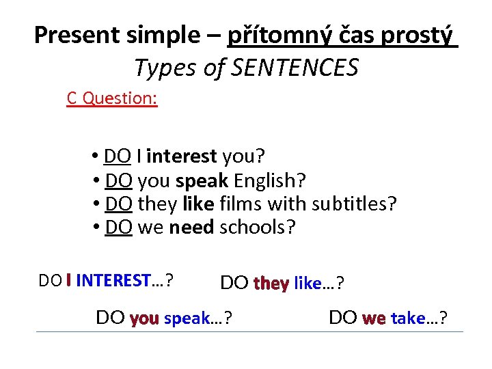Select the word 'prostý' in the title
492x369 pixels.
(x=422, y=35)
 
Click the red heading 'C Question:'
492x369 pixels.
(x=112, y=98)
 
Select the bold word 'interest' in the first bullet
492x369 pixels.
(x=181, y=157)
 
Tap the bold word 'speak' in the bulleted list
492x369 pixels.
(x=202, y=181)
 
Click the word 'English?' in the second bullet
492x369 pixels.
(x=270, y=181)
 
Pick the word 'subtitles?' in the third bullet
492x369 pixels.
(x=353, y=204)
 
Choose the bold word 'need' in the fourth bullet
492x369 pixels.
(x=191, y=227)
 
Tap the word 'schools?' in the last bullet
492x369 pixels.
(x=258, y=227)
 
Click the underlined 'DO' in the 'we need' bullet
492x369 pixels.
(x=119, y=227)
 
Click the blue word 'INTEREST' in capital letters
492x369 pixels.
(x=113, y=280)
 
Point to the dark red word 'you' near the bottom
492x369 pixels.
(x=144, y=318)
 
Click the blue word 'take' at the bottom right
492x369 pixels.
(x=408, y=318)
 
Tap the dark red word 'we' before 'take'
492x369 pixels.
(x=374, y=318)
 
